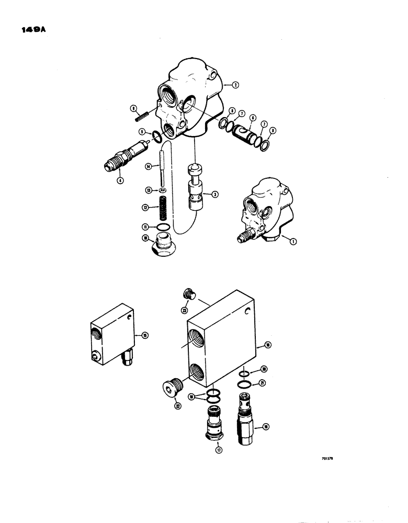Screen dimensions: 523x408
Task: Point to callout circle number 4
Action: (x=121, y=181)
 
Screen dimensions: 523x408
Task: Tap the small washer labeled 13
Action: (x=162, y=189)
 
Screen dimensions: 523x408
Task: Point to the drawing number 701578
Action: (x=327, y=457)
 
